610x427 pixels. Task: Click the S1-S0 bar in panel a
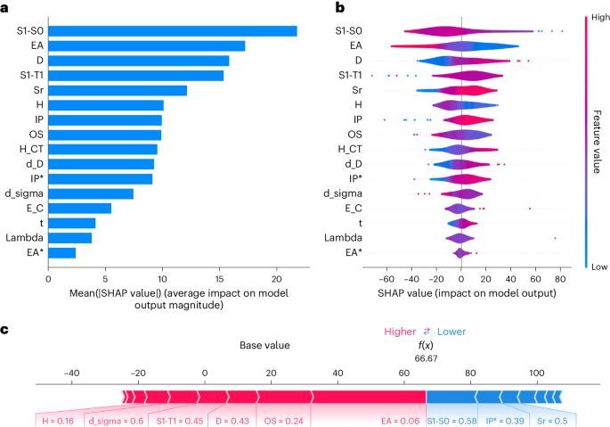tap(173, 31)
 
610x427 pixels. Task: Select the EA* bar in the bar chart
tap(62, 252)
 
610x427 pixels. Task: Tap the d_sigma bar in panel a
tap(91, 193)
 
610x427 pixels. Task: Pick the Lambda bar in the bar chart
tap(70, 238)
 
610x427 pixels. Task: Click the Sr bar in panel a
tap(118, 90)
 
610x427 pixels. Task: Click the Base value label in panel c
tap(265, 344)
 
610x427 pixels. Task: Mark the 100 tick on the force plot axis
tap(536, 372)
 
